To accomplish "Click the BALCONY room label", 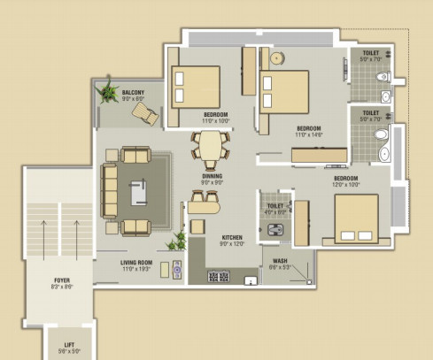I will (x=134, y=92).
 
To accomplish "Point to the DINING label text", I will (x=212, y=176).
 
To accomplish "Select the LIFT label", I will (x=69, y=343).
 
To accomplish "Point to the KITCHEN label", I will (x=233, y=238).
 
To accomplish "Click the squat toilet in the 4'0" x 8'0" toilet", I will (x=276, y=227).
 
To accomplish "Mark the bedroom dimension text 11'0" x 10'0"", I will (x=216, y=120).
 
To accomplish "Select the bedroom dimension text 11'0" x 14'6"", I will (x=310, y=135).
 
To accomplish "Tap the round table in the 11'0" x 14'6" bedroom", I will (x=277, y=58).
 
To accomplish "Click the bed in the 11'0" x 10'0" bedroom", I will (x=196, y=85).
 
